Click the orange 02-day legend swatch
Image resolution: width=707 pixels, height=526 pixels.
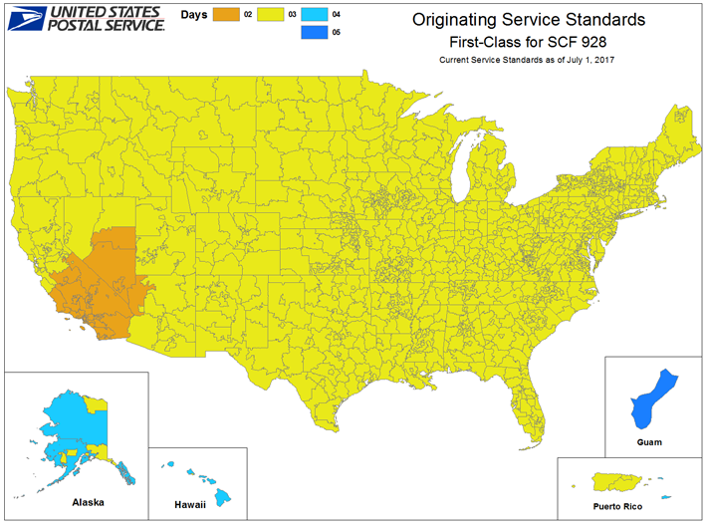pyautogui.click(x=226, y=15)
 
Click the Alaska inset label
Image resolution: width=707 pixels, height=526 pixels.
pyautogui.click(x=87, y=503)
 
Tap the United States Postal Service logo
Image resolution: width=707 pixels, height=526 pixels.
pyautogui.click(x=85, y=17)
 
